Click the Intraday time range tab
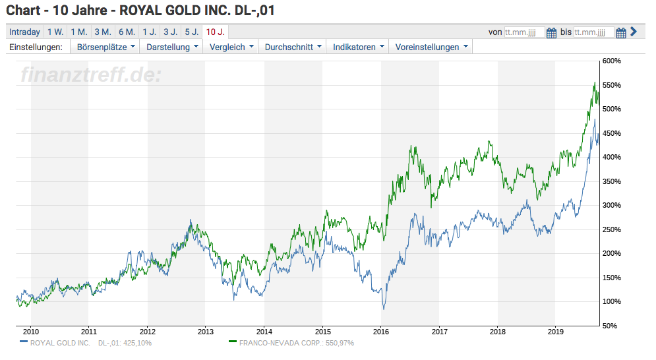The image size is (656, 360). pyautogui.click(x=25, y=32)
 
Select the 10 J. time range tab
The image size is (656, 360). pyautogui.click(x=215, y=32)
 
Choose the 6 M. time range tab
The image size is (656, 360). pyautogui.click(x=127, y=32)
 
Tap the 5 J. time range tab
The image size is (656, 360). pyautogui.click(x=191, y=32)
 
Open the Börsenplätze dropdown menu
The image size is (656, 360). pyautogui.click(x=106, y=47)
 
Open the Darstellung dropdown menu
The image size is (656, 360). pyautogui.click(x=173, y=47)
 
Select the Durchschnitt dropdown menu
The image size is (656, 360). pyautogui.click(x=293, y=47)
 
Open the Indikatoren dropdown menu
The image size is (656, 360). pyautogui.click(x=359, y=47)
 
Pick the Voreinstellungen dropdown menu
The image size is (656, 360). pyautogui.click(x=432, y=47)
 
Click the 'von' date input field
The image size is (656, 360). pyautogui.click(x=524, y=32)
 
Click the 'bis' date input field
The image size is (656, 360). pyautogui.click(x=593, y=32)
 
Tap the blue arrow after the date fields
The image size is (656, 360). pyautogui.click(x=634, y=32)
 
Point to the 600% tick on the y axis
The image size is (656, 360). pyautogui.click(x=612, y=61)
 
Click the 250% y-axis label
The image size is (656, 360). pyautogui.click(x=612, y=229)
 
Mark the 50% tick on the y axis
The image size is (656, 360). pyautogui.click(x=613, y=326)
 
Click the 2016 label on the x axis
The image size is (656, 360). pyautogui.click(x=381, y=332)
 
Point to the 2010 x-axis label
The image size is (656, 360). pyautogui.click(x=31, y=332)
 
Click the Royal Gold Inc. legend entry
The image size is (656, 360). pyautogui.click(x=86, y=343)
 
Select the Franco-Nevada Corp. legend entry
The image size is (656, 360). pyautogui.click(x=300, y=343)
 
